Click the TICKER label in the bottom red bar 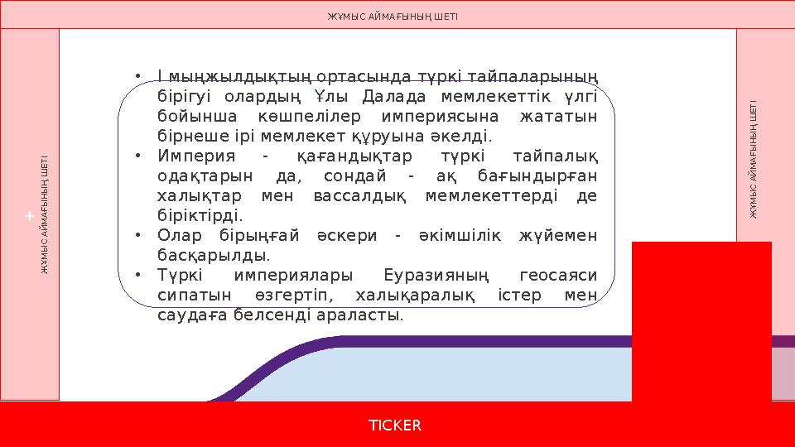pyautogui.click(x=395, y=425)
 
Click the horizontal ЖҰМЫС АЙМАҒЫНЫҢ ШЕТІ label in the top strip pyautogui.click(x=393, y=16)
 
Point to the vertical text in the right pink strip pyautogui.click(x=754, y=160)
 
